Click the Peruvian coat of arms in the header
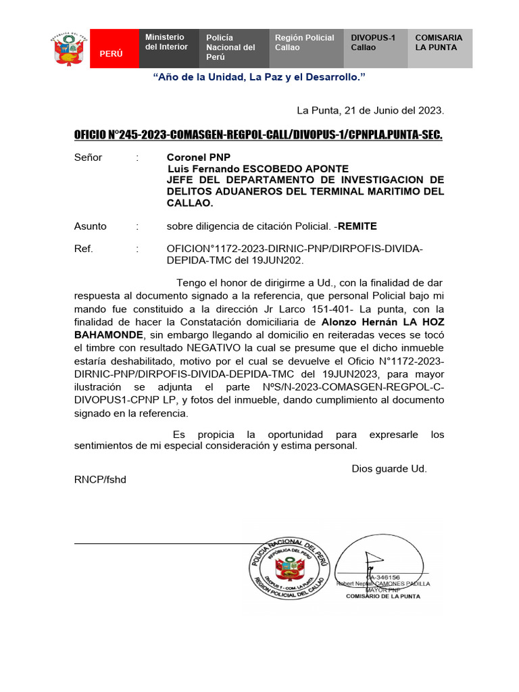tap(68, 49)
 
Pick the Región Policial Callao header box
tap(306, 49)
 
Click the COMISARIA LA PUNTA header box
tap(440, 49)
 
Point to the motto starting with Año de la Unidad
tap(259, 78)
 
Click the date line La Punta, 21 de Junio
tap(370, 111)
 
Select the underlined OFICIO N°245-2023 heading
tap(258, 135)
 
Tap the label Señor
tap(88, 157)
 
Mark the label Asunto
tap(90, 226)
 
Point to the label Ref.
tap(83, 249)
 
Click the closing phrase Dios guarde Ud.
tap(389, 468)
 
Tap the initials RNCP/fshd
tap(100, 479)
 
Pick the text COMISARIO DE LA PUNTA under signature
tap(382, 596)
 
